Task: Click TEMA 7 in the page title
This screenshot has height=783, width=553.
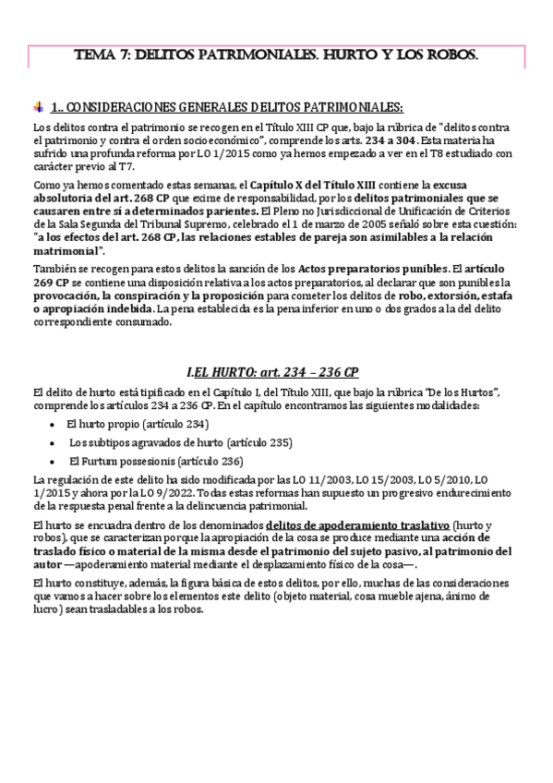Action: click(104, 56)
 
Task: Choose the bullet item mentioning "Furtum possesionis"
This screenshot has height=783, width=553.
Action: click(143, 461)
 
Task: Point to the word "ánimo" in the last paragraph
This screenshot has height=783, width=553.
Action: click(481, 597)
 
